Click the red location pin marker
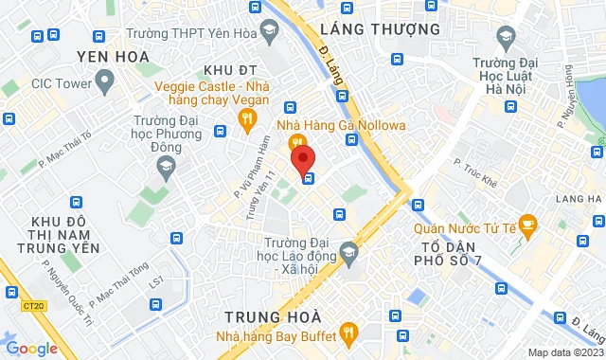pyautogui.click(x=302, y=156)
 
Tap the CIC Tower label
pyautogui.click(x=62, y=83)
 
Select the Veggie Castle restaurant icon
pyautogui.click(x=248, y=118)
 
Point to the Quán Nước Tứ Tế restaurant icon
pyautogui.click(x=528, y=225)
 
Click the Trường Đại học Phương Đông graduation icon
pyautogui.click(x=167, y=167)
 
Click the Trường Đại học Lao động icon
pyautogui.click(x=350, y=251)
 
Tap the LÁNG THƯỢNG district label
pyautogui.click(x=381, y=29)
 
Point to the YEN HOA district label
pyautogui.click(x=115, y=57)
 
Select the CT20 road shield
pyautogui.click(x=34, y=305)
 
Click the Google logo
pyautogui.click(x=32, y=348)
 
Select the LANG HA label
pyautogui.click(x=580, y=199)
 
